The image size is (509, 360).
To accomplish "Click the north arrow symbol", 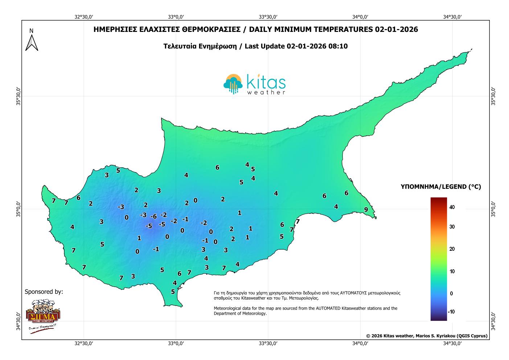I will click(x=32, y=40).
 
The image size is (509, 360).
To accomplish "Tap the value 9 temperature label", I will click(x=366, y=210).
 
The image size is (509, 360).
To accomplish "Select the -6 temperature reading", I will click(x=153, y=217).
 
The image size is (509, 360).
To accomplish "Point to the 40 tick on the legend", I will click(x=452, y=207).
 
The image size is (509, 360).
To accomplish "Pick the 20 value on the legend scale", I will click(x=452, y=249).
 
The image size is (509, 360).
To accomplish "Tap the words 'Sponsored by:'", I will click(x=44, y=291).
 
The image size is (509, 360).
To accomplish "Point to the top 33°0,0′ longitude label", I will click(x=176, y=17).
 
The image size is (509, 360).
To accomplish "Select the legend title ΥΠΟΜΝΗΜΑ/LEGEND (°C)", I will click(x=441, y=187).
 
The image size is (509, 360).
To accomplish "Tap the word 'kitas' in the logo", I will click(x=266, y=82).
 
